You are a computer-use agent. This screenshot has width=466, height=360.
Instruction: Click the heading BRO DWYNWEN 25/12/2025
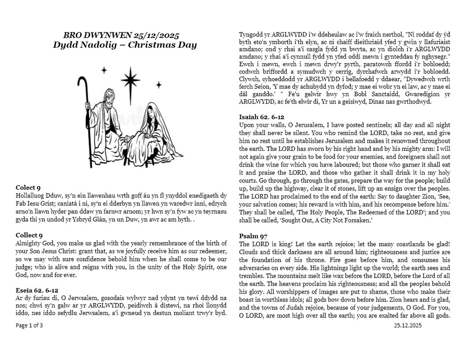(121, 35)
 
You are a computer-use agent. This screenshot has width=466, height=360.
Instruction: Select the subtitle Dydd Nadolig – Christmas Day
(125, 45)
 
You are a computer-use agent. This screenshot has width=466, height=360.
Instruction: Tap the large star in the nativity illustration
(130, 80)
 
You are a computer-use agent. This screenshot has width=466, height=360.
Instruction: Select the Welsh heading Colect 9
(28, 187)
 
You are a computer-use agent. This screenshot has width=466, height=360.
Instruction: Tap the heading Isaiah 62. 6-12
(262, 116)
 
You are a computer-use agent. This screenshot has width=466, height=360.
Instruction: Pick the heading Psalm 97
(251, 236)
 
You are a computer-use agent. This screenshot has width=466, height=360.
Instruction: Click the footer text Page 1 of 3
(29, 325)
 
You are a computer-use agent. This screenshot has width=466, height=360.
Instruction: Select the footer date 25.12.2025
(408, 325)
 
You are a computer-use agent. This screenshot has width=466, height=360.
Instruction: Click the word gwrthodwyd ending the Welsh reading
(415, 101)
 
